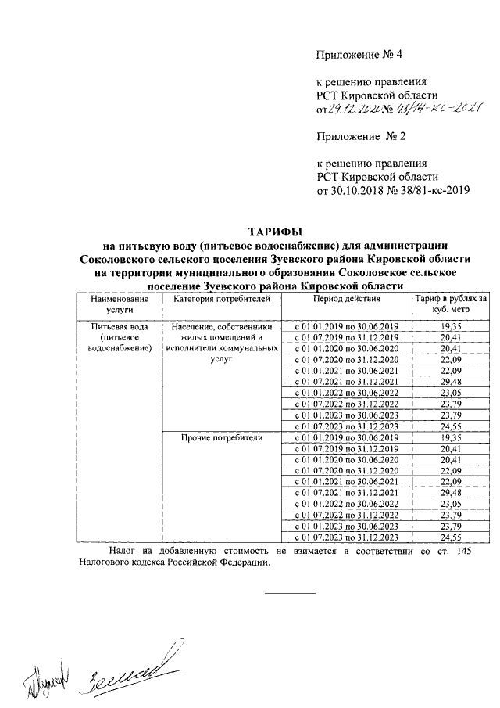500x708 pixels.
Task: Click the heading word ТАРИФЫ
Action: [274, 231]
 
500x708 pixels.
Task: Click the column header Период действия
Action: [346, 299]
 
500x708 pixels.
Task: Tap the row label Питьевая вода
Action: [119, 325]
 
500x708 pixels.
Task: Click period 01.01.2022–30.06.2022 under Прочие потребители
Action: [346, 505]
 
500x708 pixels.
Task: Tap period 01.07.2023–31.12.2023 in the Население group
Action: [346, 426]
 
